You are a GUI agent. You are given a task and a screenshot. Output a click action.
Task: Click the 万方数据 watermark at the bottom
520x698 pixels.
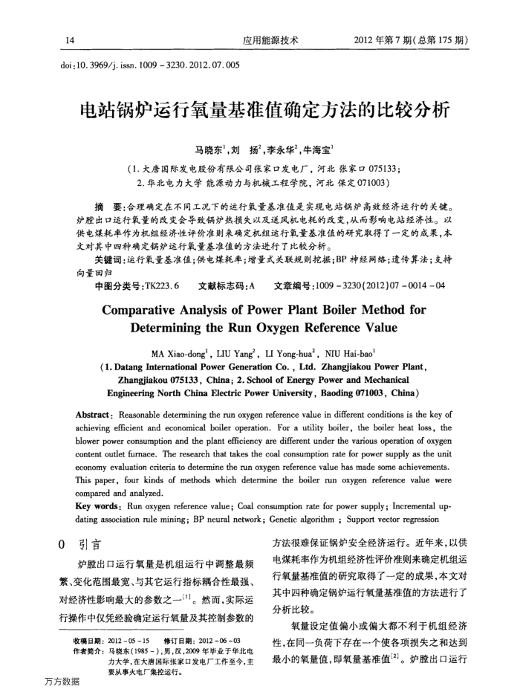[x=62, y=682]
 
